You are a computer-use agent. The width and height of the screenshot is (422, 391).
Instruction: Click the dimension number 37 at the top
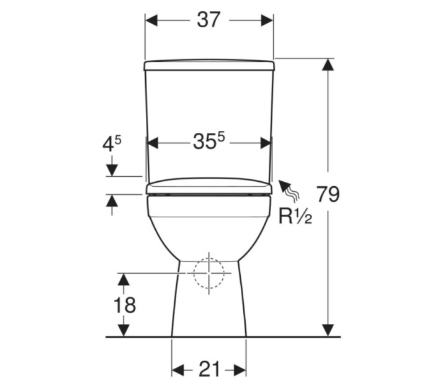click(209, 20)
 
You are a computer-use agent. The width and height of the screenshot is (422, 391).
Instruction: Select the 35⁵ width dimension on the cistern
click(209, 142)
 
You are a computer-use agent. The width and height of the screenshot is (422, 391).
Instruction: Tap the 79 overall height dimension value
click(328, 194)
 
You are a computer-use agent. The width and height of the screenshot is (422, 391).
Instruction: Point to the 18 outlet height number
click(125, 305)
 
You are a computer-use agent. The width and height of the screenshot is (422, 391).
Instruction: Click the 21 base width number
click(209, 369)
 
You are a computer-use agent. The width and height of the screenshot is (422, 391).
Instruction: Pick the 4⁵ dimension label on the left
click(112, 145)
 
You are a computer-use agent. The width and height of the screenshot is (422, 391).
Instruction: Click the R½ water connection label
click(295, 217)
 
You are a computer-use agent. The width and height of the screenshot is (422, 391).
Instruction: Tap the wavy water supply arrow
click(289, 191)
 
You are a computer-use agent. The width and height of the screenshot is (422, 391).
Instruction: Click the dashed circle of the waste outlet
click(209, 273)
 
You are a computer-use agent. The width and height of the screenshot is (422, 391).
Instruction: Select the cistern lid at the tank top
click(209, 65)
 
